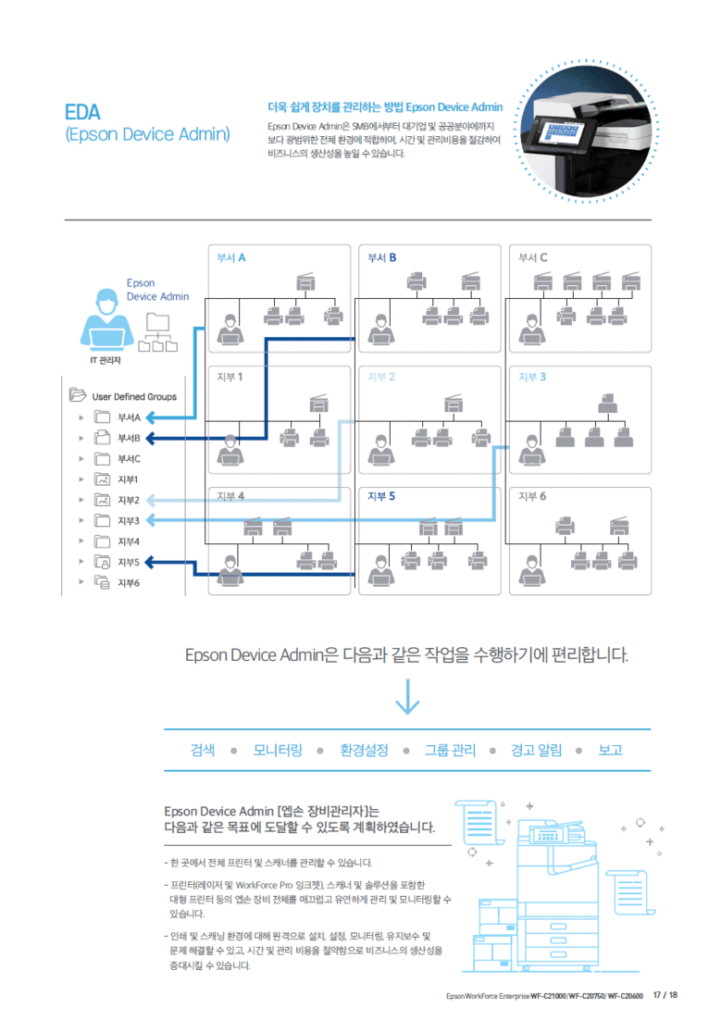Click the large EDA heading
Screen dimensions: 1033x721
click(x=82, y=113)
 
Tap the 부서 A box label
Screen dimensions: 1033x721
click(x=231, y=257)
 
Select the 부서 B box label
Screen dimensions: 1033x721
click(x=382, y=257)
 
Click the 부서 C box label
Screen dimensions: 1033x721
click(x=533, y=257)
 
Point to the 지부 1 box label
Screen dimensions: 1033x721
click(x=230, y=377)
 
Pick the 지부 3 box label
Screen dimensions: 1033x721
click(x=532, y=377)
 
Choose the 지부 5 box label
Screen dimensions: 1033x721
click(x=381, y=496)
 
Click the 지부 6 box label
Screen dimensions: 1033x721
click(x=532, y=496)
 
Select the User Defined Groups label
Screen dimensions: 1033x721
click(x=134, y=396)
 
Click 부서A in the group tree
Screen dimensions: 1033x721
click(x=129, y=417)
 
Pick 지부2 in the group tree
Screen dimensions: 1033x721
click(x=128, y=500)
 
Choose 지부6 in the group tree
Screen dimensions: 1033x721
click(x=128, y=582)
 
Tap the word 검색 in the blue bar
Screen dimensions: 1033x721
click(x=203, y=750)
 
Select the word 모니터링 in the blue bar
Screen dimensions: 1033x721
click(x=278, y=750)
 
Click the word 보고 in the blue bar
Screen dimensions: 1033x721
click(x=611, y=750)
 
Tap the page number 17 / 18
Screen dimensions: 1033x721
click(x=665, y=995)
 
